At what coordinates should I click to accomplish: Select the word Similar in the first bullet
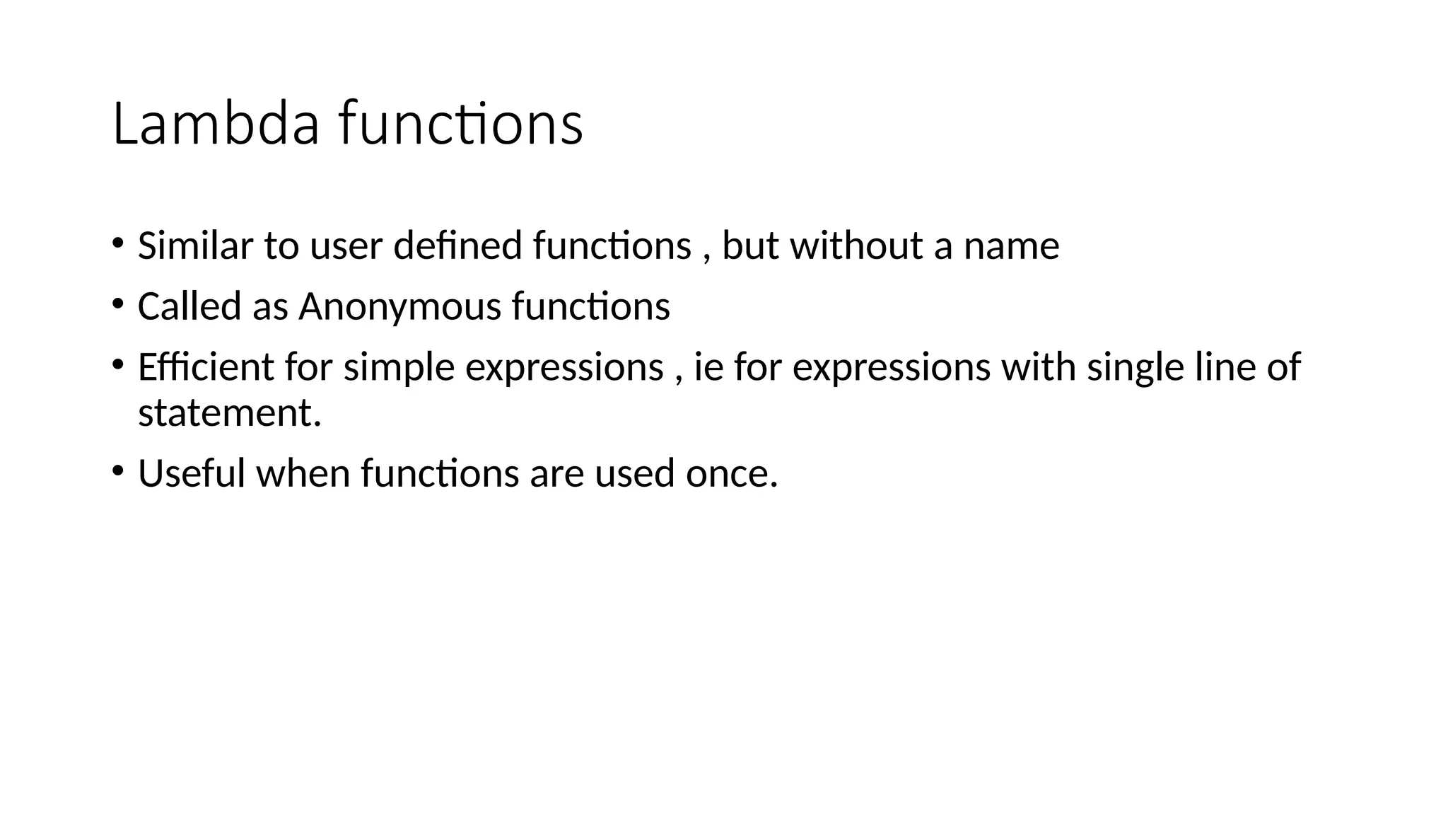point(195,246)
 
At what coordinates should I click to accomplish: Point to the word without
point(856,246)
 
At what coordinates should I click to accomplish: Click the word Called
point(189,307)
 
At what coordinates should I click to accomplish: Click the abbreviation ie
point(708,368)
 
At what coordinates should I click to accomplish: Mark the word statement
point(229,413)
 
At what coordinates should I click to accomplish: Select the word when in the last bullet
point(303,473)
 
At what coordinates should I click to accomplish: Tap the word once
point(731,475)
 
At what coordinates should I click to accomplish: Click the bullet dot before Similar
point(117,244)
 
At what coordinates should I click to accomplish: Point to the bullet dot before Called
point(117,305)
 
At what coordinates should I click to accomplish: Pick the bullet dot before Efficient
point(117,365)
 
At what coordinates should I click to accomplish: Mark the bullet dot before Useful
point(117,471)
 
